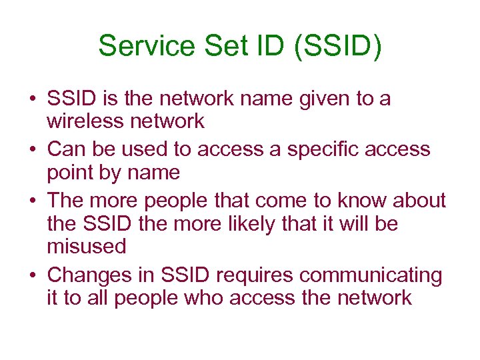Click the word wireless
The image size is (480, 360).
coord(85,121)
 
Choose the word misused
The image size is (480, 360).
coord(87,247)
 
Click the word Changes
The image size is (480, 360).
coord(88,275)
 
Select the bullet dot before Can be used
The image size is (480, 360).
coord(32,149)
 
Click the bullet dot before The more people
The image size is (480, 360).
coord(32,200)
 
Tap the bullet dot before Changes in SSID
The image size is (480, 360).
coord(32,275)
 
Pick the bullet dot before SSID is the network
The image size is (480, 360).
coord(32,99)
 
